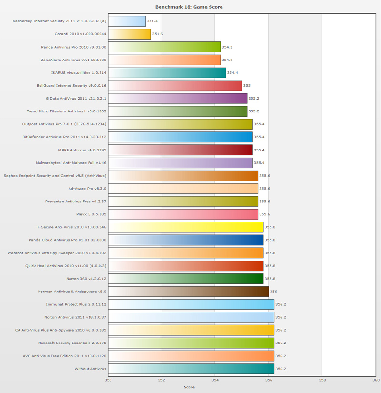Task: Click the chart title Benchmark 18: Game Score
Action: click(189, 7)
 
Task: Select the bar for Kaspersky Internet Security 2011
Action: click(127, 21)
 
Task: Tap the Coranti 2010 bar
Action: click(130, 34)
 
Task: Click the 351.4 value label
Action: click(152, 21)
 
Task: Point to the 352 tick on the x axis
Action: click(161, 380)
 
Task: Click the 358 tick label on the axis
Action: click(322, 380)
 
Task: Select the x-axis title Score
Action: click(189, 387)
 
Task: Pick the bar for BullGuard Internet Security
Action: click(175, 85)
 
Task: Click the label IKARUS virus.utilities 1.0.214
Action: click(79, 72)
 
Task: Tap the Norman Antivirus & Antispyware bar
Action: click(188, 292)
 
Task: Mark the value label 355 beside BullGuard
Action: click(247, 85)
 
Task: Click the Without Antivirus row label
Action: click(90, 369)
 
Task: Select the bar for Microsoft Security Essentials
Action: click(191, 343)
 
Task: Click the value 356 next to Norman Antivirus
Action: click(273, 292)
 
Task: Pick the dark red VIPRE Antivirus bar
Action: click(180, 150)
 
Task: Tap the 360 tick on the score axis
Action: click(375, 380)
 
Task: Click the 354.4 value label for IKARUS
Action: click(232, 72)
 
